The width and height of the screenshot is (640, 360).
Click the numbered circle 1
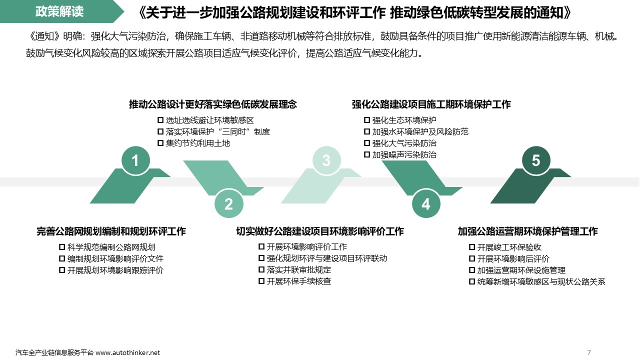coord(135,160)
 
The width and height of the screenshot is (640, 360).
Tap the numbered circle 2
coord(228,204)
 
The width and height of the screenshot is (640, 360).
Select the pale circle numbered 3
coord(326,160)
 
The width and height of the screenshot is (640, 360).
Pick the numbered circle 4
coord(425,204)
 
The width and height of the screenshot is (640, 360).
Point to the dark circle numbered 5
coord(536,160)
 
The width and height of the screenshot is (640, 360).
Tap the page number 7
coord(589,352)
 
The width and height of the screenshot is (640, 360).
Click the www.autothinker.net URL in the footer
coord(127,352)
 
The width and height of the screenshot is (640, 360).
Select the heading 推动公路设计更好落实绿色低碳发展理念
coord(212,104)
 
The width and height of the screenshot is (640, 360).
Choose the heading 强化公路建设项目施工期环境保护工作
coord(431,104)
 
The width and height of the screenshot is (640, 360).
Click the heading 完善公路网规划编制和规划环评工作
coord(111,231)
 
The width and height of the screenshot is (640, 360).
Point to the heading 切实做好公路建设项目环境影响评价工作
coord(319,231)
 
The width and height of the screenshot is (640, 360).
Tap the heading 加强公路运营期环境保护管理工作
coord(527,231)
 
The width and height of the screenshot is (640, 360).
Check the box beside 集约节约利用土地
coord(160,143)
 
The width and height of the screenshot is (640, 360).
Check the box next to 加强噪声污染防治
coord(367,155)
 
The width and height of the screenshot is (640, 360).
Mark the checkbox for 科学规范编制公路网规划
coord(62,247)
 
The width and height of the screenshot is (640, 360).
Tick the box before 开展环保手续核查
coord(261,281)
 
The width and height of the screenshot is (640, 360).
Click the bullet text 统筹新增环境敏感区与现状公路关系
coord(541,282)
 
